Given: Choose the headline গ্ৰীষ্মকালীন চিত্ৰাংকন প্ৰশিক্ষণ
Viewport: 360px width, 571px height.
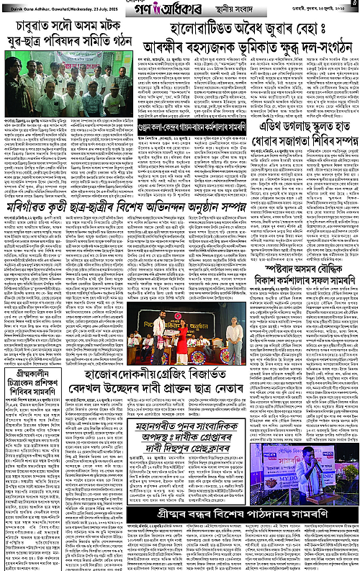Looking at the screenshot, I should [x=33, y=387].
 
